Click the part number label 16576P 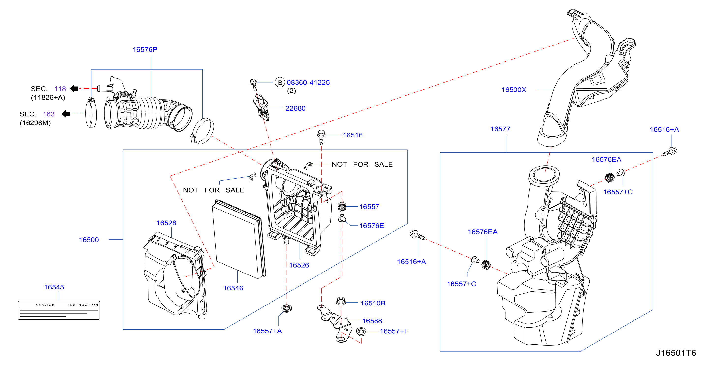145,49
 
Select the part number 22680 295,108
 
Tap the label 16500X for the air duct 514,90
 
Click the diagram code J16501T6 676,353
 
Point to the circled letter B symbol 280,82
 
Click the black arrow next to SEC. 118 74,88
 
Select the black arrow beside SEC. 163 66,114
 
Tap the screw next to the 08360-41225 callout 254,85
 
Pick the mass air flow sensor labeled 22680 261,108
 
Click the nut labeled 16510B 341,301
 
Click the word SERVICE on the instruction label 45,304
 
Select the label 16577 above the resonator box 500,129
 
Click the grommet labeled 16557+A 287,308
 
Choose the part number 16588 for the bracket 372,321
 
